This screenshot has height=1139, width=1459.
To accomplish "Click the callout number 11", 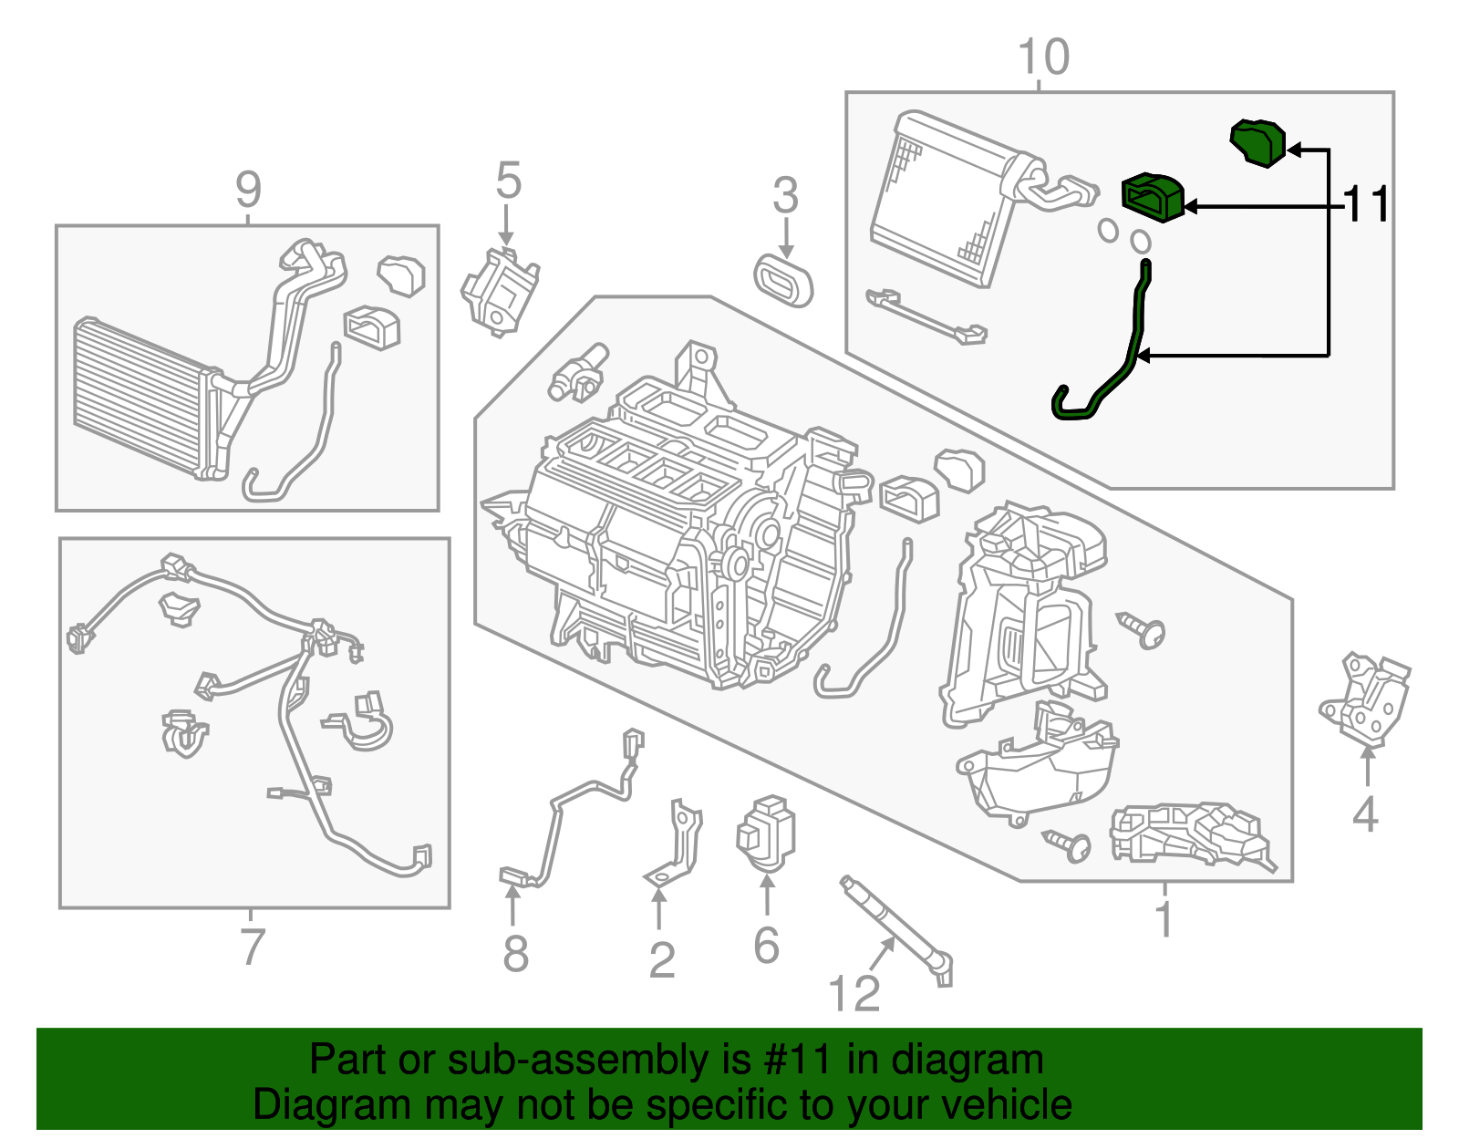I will pos(1367,203).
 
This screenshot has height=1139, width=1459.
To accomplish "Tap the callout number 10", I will pos(1042,57).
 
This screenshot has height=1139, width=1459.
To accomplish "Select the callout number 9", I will pos(248,190).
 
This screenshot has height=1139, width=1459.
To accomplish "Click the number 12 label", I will pos(854,993).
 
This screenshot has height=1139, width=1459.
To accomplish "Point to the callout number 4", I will pos(1364,814).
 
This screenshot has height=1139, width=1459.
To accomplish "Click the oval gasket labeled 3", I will pos(783,279).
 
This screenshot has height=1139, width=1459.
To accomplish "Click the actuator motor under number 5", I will pos(500,290).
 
